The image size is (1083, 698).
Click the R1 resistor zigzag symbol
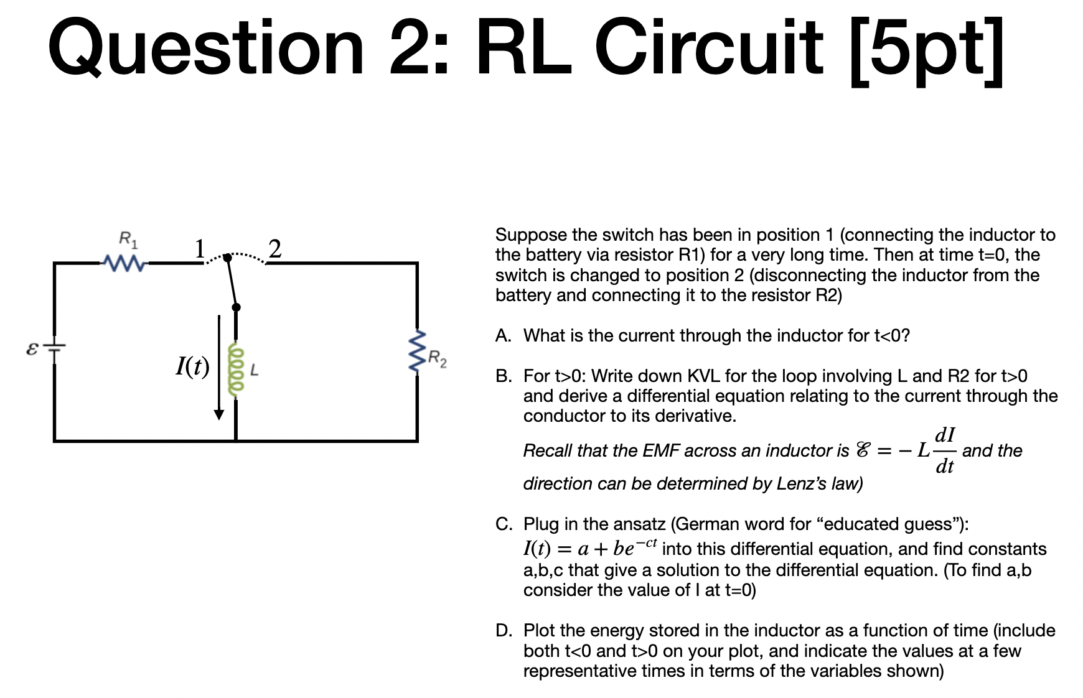click(x=124, y=264)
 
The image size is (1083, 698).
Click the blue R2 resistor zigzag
click(x=416, y=351)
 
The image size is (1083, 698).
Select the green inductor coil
click(x=235, y=370)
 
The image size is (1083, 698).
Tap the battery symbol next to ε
click(x=54, y=350)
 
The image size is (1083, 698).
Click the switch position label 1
click(x=199, y=249)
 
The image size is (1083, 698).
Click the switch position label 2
click(x=274, y=249)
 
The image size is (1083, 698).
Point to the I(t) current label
click(x=192, y=366)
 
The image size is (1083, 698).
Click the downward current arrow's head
click(x=219, y=415)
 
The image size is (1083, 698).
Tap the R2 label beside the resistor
click(x=437, y=358)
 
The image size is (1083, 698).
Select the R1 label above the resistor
click(x=128, y=238)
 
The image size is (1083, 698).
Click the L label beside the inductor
click(x=254, y=371)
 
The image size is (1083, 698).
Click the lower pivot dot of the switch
click(x=236, y=307)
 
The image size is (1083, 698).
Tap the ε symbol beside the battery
click(x=32, y=348)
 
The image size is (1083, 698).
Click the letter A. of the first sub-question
click(x=503, y=336)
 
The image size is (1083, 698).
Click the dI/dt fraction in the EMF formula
click(x=945, y=450)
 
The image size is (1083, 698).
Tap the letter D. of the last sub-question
click(x=503, y=631)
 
